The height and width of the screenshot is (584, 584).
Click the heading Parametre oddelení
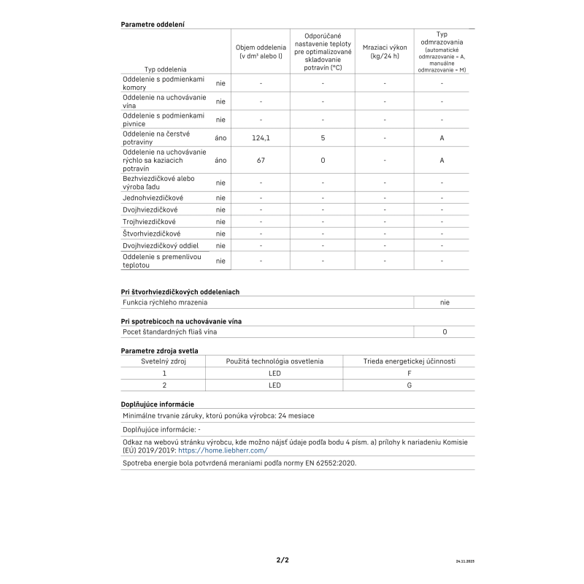point(152,24)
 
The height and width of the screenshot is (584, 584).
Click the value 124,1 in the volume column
point(261,137)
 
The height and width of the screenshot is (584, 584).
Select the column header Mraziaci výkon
point(385,51)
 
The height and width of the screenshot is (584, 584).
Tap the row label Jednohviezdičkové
point(153,198)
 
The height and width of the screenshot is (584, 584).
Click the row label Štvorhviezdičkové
point(151,234)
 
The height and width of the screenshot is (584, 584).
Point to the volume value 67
point(261,160)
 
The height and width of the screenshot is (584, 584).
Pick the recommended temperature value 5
point(322,137)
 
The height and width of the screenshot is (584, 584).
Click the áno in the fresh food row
point(220,137)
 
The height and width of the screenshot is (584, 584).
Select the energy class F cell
point(409,372)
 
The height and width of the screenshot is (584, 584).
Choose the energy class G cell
point(409,385)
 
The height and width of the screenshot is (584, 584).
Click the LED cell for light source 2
point(274,385)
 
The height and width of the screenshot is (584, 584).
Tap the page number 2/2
point(283,561)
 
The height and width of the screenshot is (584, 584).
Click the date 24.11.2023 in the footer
point(465,562)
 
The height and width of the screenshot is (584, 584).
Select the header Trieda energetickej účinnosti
point(409,361)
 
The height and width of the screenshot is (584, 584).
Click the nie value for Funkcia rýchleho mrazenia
point(445,301)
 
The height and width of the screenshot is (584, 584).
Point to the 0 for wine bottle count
point(445,331)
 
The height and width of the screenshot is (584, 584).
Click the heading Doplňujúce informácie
point(157,404)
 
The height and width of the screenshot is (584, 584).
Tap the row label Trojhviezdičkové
point(149,221)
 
